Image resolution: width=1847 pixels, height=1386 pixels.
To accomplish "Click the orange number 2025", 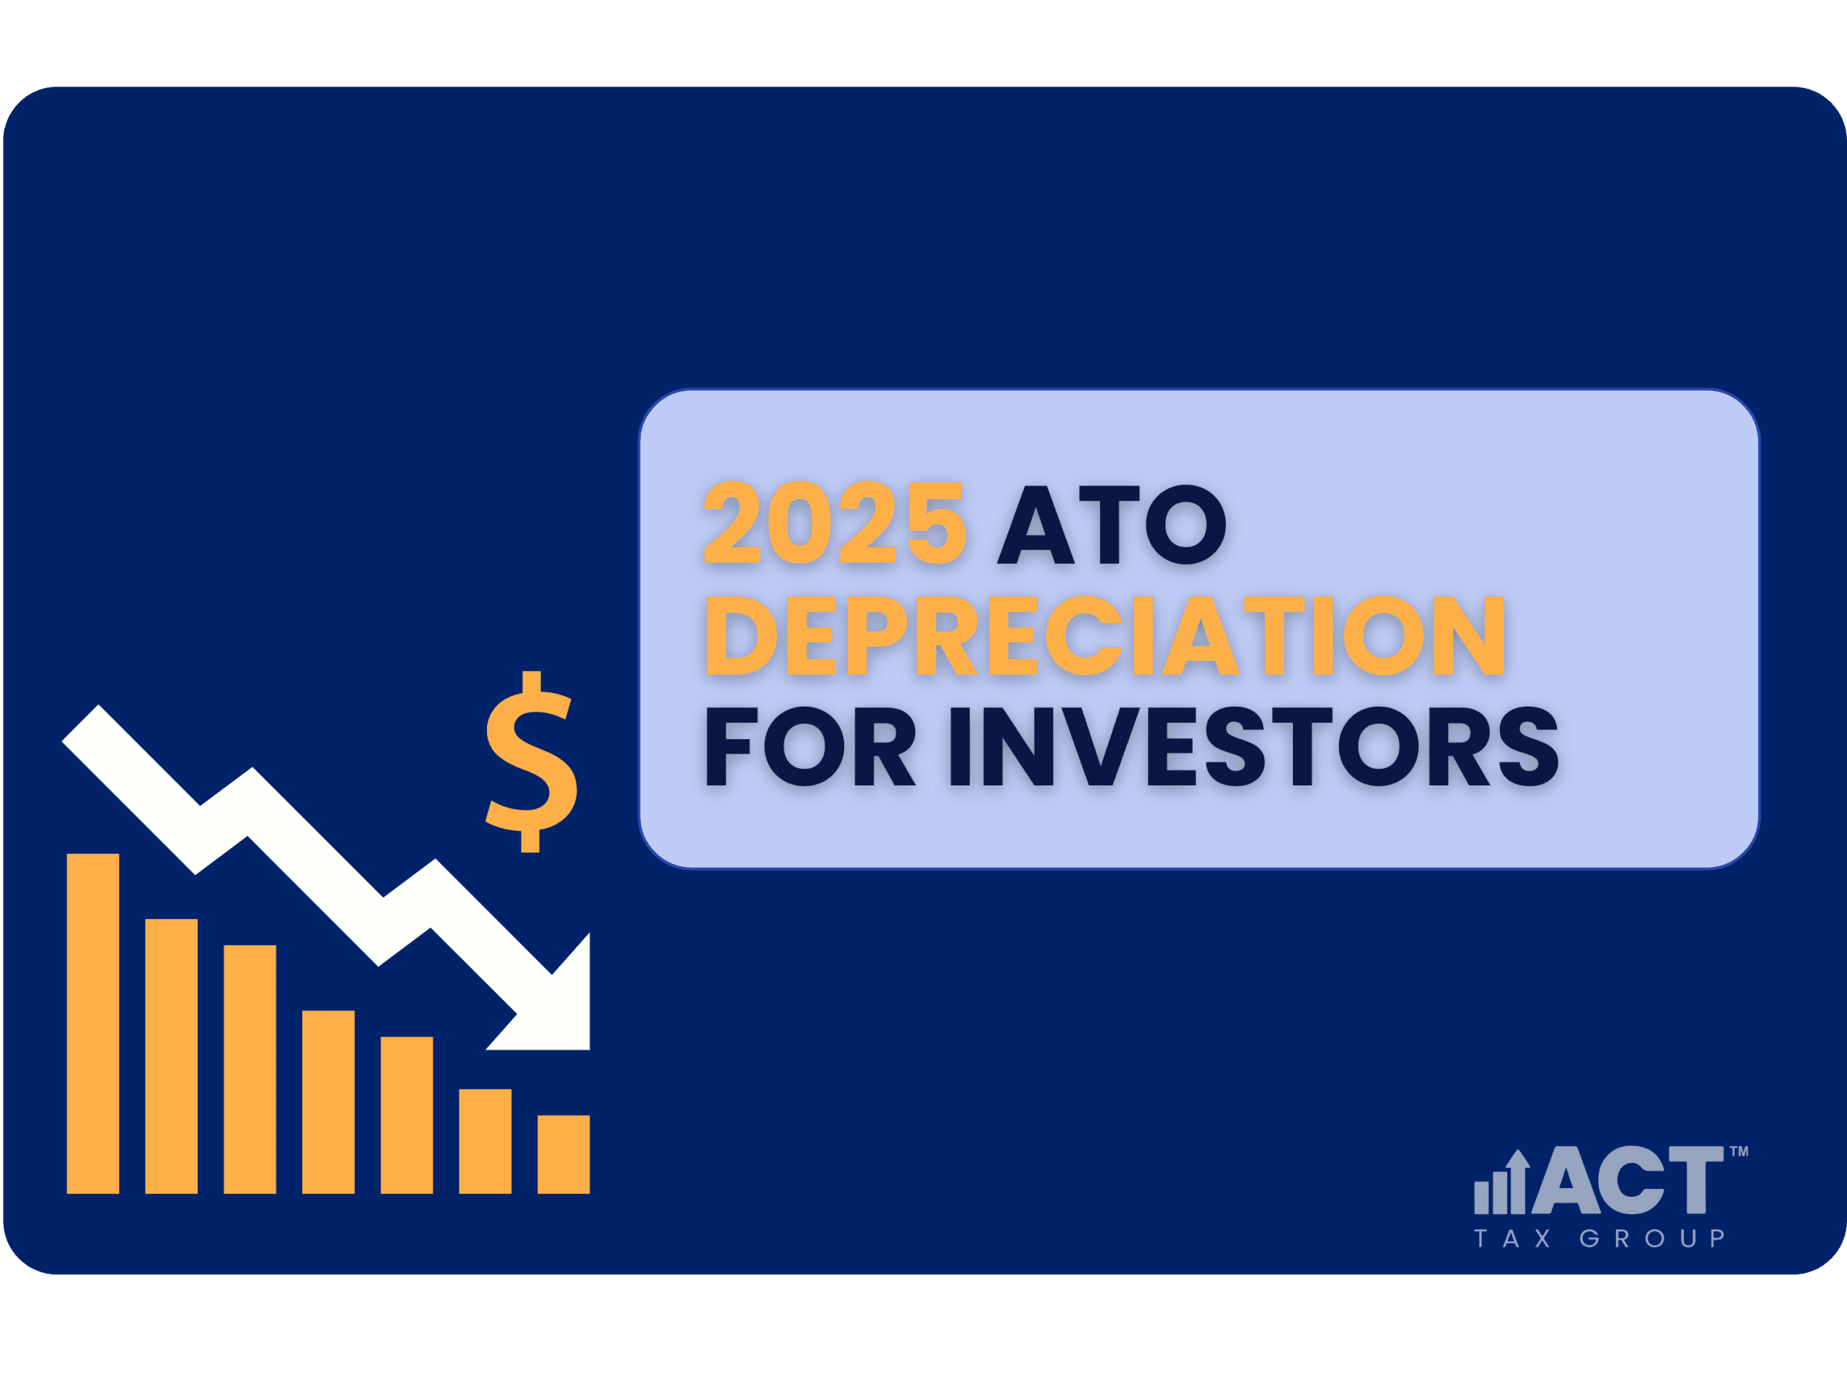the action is coord(835,523).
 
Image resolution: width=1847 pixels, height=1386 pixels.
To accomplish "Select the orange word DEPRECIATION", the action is coord(1105,635).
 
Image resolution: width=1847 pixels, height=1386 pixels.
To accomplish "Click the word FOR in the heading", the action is coord(811,746).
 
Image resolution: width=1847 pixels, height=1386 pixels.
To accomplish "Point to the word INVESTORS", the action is coord(1254,746).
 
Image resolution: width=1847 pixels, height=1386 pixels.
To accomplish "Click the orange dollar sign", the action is coord(532,761).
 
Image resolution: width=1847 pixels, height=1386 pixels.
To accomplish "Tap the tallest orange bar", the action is coord(92,1024).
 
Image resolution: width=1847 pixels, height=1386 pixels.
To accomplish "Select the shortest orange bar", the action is coord(563,1154).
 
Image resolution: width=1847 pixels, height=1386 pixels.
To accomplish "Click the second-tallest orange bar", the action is coord(171,1056).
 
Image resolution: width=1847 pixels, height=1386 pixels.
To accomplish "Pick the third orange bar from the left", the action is coord(250,1069).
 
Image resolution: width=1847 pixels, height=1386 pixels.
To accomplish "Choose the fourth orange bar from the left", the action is coord(328,1102).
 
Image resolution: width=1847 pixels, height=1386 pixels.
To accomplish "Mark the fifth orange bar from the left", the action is coord(407,1115).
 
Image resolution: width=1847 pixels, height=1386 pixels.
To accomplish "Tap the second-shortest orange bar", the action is coord(485,1141).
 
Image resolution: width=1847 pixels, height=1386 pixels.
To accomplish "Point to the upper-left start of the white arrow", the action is coord(81,723).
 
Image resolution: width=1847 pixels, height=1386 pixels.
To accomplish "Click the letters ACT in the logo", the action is coord(1628,1180).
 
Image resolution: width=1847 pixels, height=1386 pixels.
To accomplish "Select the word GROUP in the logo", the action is coord(1651,1238).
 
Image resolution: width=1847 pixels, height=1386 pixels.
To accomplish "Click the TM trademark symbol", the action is coord(1739,1151).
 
